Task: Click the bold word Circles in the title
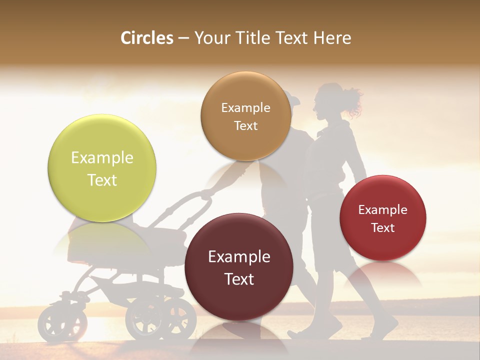147,38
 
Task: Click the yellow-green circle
102,168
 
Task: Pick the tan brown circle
245,116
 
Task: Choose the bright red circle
382,218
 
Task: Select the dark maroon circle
238,267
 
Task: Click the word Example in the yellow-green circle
102,158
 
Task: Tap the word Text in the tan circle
245,125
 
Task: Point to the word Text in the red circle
382,228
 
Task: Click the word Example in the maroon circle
238,257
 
